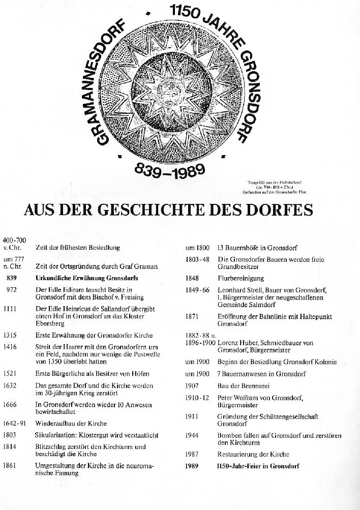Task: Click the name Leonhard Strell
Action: tap(241, 290)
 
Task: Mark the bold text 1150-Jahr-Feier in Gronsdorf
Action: tap(258, 466)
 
